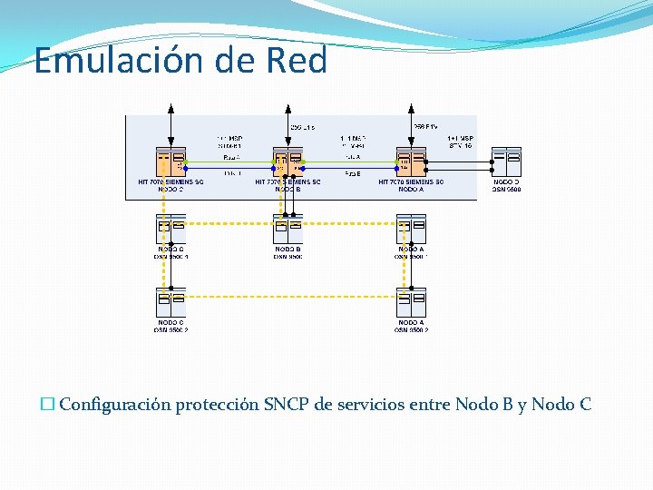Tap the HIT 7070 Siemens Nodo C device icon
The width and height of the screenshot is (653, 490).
[171, 162]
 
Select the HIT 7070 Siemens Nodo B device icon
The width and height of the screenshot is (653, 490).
[288, 162]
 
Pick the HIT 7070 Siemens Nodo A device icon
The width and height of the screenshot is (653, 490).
[412, 162]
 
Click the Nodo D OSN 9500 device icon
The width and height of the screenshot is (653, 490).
[506, 162]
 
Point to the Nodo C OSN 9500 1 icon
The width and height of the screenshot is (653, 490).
[171, 229]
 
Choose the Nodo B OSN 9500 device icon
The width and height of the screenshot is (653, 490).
[288, 229]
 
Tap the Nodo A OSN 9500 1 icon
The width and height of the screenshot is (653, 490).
[412, 229]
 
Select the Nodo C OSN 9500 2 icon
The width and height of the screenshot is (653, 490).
[171, 302]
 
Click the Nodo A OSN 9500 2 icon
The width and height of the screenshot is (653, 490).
[412, 302]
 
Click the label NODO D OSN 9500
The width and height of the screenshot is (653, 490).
[506, 186]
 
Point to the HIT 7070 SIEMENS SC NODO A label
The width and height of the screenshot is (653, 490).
[411, 186]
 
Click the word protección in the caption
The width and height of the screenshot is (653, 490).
[217, 405]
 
